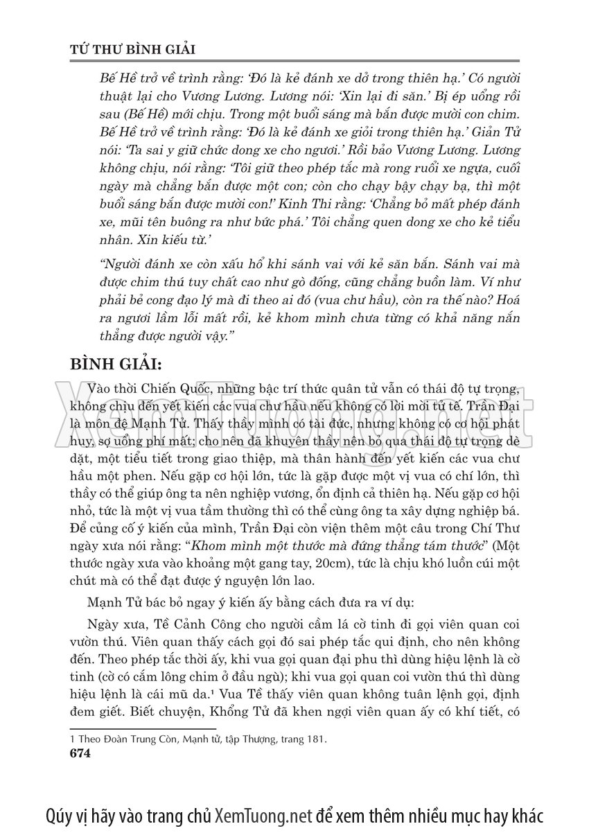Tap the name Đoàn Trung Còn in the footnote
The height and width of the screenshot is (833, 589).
click(134, 740)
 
